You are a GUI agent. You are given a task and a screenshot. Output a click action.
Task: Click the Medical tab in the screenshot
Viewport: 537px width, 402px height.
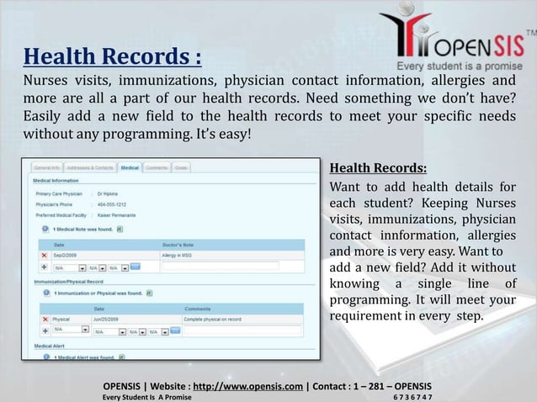(x=130, y=168)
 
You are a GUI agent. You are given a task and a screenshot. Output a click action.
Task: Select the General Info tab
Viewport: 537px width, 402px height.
(x=46, y=168)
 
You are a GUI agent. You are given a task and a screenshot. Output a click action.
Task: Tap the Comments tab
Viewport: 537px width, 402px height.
(x=157, y=168)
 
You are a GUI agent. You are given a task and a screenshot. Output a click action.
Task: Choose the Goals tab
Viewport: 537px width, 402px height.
(x=181, y=168)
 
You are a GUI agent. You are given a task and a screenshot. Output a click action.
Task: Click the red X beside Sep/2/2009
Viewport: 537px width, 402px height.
(x=44, y=254)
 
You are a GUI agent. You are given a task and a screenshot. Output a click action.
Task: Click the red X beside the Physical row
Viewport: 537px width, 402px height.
(x=44, y=320)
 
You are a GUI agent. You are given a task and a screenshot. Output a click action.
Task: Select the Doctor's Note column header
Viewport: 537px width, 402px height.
(x=178, y=243)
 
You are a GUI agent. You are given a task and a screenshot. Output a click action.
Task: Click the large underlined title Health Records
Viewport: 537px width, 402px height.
(x=112, y=59)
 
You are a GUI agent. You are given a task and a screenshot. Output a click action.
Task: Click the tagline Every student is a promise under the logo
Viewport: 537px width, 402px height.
(x=460, y=65)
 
